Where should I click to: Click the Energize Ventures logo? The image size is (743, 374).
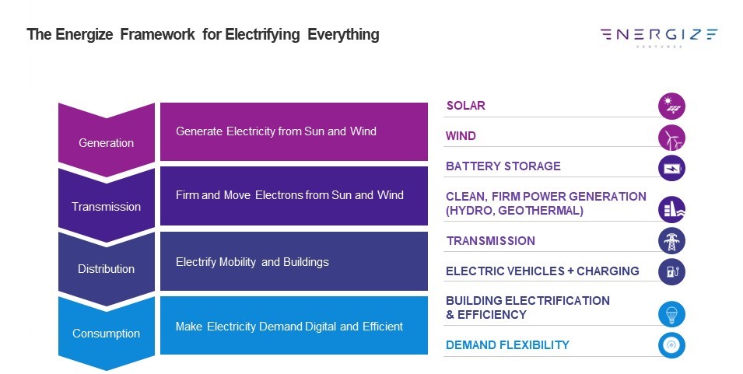click(x=659, y=37)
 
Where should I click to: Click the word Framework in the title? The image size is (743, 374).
click(x=157, y=34)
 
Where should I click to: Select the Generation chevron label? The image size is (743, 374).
click(x=106, y=142)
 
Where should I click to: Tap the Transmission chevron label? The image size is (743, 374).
click(x=106, y=206)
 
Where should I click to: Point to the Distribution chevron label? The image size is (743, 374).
click(x=106, y=269)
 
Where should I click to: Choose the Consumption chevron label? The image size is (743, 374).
click(x=106, y=334)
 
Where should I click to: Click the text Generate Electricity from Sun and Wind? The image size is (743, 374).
click(x=276, y=131)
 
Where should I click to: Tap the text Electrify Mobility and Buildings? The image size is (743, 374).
click(x=252, y=262)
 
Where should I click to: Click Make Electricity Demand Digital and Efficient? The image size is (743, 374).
click(x=289, y=327)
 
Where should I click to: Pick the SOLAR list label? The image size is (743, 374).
click(x=466, y=106)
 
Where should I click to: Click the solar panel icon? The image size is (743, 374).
click(x=671, y=106)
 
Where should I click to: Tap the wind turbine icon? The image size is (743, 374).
click(x=671, y=138)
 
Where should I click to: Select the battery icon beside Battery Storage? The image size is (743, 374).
click(x=671, y=168)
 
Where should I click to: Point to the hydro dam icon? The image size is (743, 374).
click(x=671, y=209)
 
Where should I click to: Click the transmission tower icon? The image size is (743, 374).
click(x=671, y=240)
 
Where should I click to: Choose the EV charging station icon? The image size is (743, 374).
click(x=671, y=271)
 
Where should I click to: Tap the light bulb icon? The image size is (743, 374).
click(x=671, y=314)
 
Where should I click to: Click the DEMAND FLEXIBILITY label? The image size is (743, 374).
click(x=507, y=345)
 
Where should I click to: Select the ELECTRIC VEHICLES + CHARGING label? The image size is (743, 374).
click(x=542, y=271)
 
